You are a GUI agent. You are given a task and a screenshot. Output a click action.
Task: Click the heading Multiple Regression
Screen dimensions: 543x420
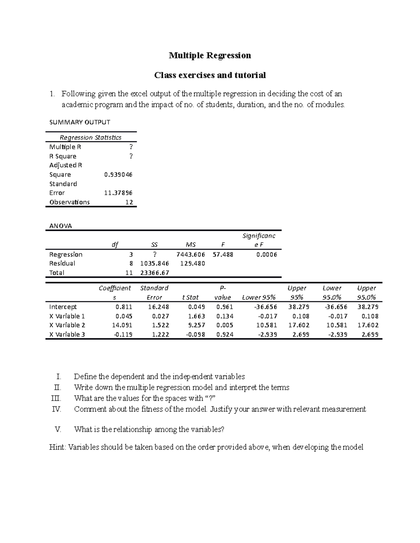tap(210, 56)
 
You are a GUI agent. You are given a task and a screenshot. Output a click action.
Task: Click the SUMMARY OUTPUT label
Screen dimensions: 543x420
tap(80, 122)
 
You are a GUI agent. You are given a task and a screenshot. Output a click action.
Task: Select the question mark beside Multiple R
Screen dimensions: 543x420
tap(131, 147)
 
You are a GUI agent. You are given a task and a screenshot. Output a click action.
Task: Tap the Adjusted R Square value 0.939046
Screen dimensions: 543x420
tap(118, 174)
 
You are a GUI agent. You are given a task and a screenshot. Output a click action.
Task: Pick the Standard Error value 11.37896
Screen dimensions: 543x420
tap(118, 193)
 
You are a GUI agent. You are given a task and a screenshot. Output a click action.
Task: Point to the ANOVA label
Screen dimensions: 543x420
tap(61, 226)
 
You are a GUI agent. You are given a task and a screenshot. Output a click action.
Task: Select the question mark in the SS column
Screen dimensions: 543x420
tap(154, 254)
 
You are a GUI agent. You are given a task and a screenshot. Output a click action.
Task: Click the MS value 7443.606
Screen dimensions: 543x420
tap(191, 255)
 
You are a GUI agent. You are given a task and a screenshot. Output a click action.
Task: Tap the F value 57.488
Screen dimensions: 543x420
tap(223, 255)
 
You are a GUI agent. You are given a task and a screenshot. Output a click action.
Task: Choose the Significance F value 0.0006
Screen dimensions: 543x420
tap(266, 255)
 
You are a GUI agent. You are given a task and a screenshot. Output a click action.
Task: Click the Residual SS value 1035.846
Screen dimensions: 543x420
tap(154, 263)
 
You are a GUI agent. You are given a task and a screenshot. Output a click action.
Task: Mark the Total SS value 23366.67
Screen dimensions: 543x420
tap(154, 273)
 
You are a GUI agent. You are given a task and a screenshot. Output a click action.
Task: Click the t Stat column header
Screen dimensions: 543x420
tap(190, 298)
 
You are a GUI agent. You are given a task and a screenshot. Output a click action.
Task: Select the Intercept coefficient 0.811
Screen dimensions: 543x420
tap(124, 307)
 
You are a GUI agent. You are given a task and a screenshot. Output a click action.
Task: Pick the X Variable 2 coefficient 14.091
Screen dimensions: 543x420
tap(122, 325)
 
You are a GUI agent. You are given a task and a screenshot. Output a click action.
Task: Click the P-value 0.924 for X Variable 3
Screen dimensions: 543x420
tap(224, 334)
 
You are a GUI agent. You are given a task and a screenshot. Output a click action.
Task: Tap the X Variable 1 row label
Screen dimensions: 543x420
tap(67, 316)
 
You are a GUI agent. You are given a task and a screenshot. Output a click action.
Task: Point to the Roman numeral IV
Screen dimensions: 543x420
tap(56, 409)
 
